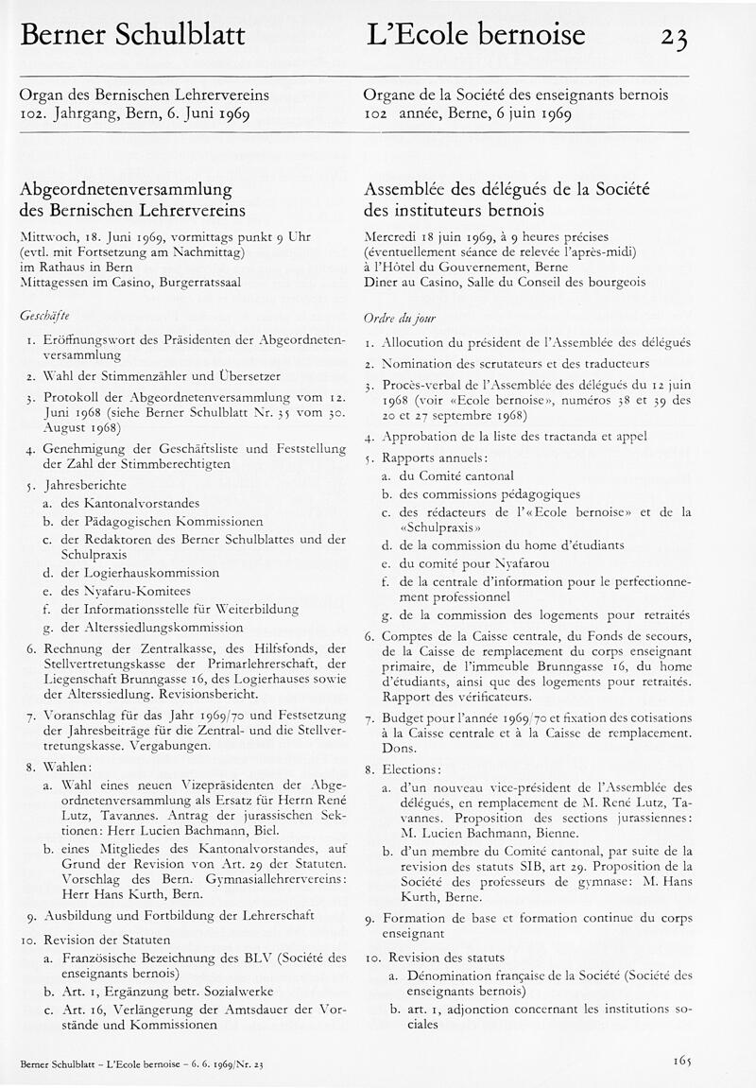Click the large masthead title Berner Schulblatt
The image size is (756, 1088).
tap(132, 35)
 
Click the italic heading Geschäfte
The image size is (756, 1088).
tap(44, 313)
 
